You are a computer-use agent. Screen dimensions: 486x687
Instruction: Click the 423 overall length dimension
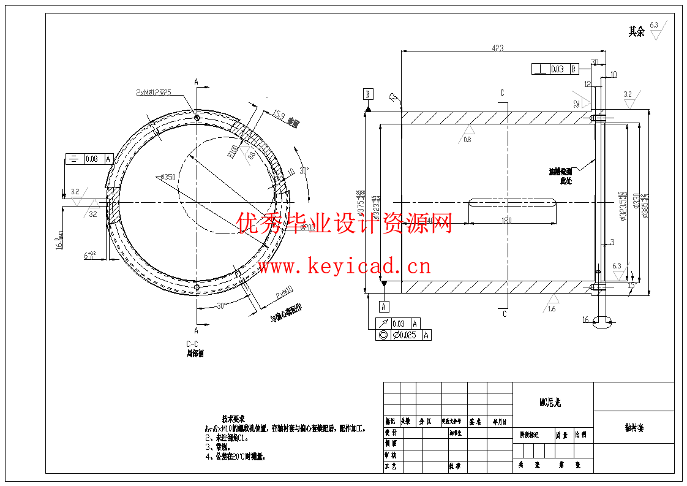[497, 47]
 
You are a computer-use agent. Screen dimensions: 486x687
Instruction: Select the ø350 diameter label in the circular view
[166, 177]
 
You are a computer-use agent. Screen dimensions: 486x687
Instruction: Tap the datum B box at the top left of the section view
[368, 94]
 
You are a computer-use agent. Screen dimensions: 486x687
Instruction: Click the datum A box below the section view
[384, 306]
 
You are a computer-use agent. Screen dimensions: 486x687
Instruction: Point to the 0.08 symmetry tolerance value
[92, 159]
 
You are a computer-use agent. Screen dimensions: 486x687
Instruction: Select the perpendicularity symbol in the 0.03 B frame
[540, 69]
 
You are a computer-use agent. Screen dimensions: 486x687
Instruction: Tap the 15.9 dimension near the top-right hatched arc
[279, 114]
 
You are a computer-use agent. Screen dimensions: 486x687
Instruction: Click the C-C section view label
[192, 344]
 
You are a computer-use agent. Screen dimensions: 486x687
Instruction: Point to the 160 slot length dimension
[506, 220]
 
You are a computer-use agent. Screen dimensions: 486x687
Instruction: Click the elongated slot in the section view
[512, 202]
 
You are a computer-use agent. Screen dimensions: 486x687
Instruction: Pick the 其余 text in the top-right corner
[636, 32]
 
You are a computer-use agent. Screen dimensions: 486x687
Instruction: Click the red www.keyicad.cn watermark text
[344, 267]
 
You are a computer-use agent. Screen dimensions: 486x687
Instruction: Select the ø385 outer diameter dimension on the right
[645, 205]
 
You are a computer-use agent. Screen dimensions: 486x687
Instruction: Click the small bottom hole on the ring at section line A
[196, 288]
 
